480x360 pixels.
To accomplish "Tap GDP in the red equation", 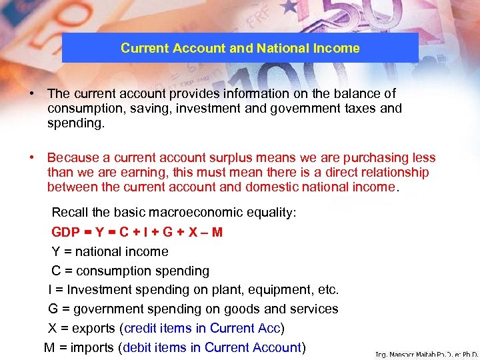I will [65, 232].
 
